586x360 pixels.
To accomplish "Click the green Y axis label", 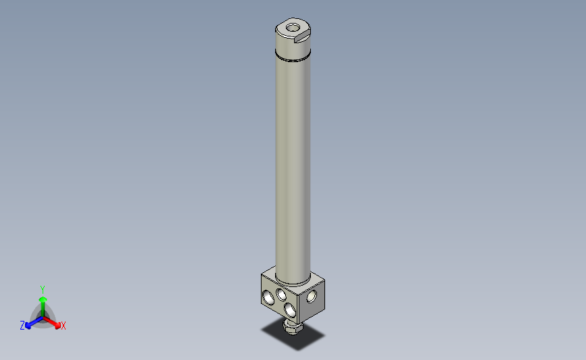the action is [x=42, y=290].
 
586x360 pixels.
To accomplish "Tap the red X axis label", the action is [x=63, y=326].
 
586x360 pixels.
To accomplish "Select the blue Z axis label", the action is [x=22, y=326].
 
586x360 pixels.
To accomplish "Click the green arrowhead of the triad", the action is [x=43, y=300].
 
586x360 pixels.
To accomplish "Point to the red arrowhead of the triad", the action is [x=57, y=326].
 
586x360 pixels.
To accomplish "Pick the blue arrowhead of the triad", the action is [x=28, y=326].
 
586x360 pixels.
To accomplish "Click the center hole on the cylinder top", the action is [x=293, y=28].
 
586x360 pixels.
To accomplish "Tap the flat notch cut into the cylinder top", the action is [x=302, y=37].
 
